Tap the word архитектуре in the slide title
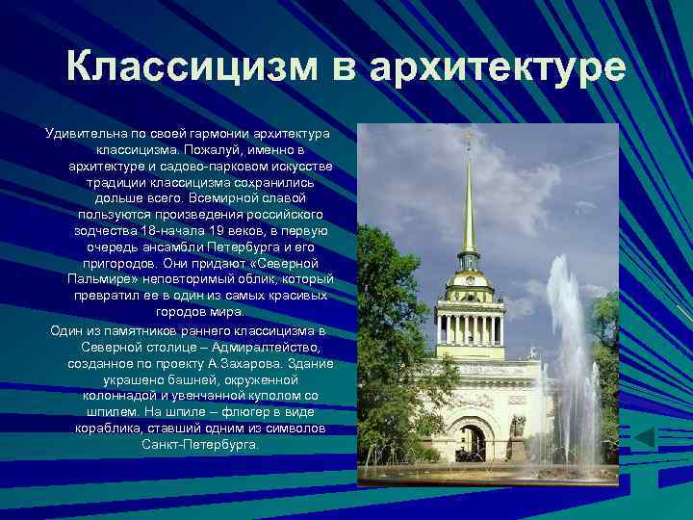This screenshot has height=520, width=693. [x=497, y=68]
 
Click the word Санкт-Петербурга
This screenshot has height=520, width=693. [x=200, y=444]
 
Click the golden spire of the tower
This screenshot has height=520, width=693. [x=470, y=202]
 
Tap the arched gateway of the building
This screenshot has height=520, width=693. [x=470, y=441]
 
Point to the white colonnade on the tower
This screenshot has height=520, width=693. [x=470, y=327]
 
